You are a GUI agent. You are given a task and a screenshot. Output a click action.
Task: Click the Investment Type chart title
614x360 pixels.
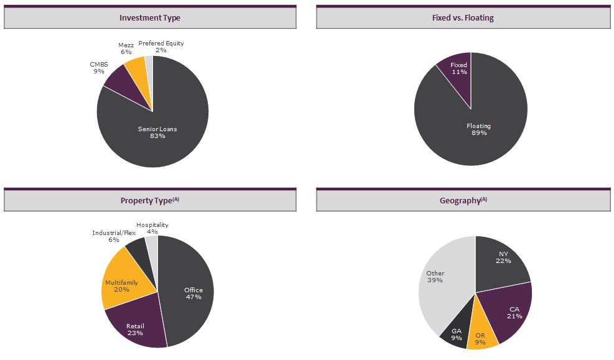coord(150,18)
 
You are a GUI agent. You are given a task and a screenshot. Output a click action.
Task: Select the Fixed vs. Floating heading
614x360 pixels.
coord(463,18)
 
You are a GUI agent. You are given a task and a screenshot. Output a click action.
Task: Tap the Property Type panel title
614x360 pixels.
coord(150,201)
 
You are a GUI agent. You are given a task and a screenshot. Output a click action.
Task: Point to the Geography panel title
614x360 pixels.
coord(463,201)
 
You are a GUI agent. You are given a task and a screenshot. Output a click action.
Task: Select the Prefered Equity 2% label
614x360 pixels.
coord(160,47)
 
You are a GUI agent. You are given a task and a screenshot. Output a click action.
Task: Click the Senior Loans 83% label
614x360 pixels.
coord(157,132)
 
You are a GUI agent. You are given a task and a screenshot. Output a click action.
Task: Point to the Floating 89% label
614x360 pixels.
coord(478,129)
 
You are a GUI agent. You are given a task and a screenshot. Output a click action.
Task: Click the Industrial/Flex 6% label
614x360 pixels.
coord(114,236)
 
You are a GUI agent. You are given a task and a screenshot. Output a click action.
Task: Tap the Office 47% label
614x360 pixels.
coord(193,293)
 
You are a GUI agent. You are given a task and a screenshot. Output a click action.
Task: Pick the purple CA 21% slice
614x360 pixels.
coord(513,311)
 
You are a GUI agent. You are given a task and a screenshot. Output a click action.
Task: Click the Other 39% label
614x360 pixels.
coord(435,277)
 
